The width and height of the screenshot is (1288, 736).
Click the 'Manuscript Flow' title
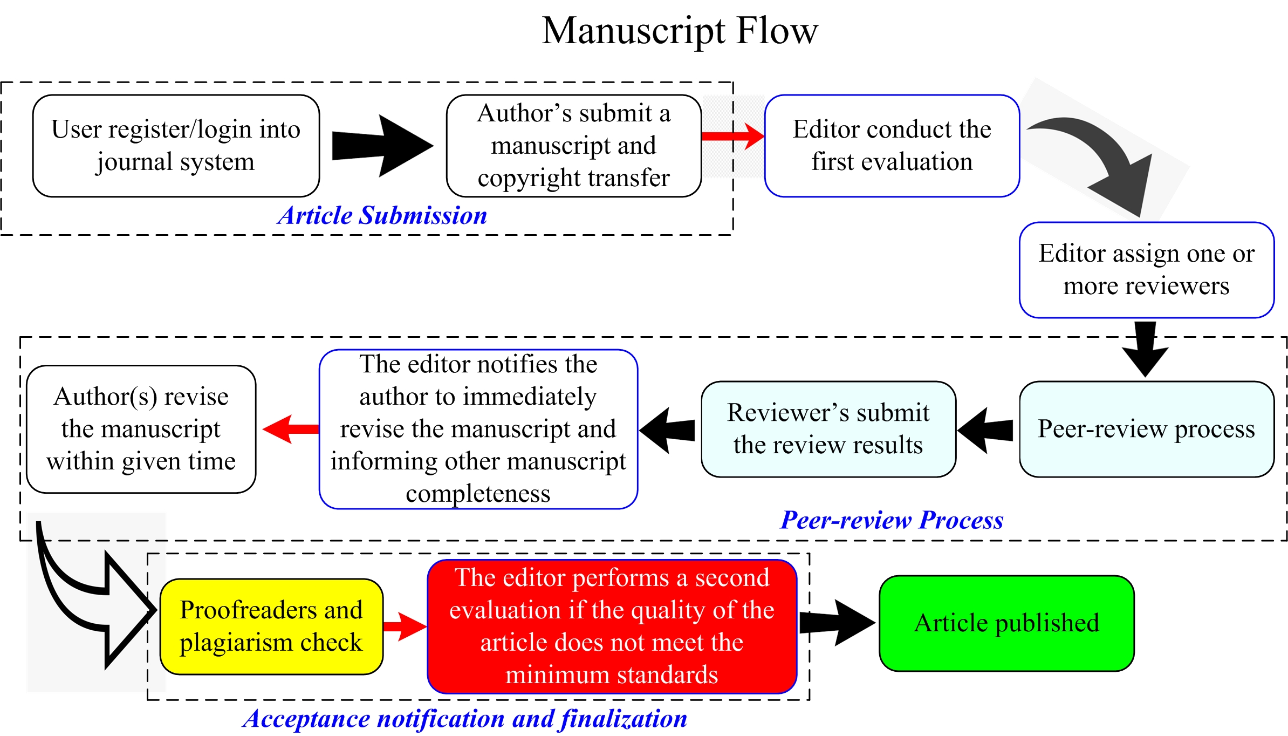tap(680, 31)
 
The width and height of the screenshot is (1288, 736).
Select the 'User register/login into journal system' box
tap(176, 146)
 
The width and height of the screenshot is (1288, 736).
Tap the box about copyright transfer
tap(574, 146)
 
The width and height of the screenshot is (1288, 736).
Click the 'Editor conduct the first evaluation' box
tap(892, 146)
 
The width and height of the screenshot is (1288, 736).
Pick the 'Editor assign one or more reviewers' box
tap(1147, 270)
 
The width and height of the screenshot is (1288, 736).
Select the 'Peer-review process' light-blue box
tap(1147, 429)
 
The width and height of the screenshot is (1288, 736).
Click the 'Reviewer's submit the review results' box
tap(828, 429)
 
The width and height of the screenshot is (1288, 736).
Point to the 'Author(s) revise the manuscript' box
tap(141, 429)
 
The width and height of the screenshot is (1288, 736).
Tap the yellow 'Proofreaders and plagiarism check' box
tap(271, 626)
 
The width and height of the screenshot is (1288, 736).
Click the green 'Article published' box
tap(1006, 623)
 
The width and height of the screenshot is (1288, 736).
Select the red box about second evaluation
tap(612, 626)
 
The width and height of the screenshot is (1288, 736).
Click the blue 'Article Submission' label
tap(382, 215)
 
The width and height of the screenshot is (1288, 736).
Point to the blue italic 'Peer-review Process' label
tap(892, 520)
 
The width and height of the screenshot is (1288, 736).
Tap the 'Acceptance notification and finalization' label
tap(465, 719)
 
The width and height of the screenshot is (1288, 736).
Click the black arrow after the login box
tap(382, 146)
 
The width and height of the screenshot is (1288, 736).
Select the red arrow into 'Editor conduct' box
tap(733, 135)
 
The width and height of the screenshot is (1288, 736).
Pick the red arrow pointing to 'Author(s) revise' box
tap(291, 429)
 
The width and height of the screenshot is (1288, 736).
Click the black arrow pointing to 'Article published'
tap(837, 622)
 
